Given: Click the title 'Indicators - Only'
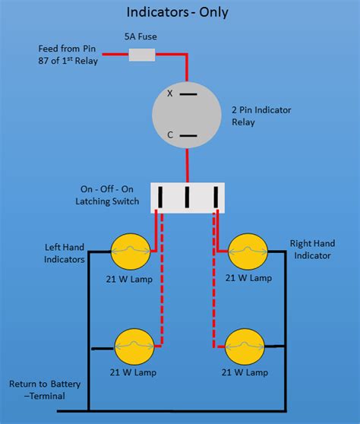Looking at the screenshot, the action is (178, 12).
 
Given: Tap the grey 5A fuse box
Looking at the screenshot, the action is (142, 55).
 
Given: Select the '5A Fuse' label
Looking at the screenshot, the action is (141, 36).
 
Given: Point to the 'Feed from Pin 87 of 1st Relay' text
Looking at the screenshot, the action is (68, 55).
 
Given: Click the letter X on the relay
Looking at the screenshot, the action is (169, 93).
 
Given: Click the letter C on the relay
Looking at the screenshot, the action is (170, 134).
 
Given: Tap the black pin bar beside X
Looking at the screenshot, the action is (188, 94).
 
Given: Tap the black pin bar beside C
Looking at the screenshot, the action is (188, 136).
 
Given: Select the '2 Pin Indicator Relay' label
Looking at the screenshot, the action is (261, 116).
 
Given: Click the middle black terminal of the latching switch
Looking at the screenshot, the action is (187, 197).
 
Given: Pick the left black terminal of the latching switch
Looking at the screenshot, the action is (160, 197).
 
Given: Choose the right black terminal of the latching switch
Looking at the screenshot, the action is (216, 197).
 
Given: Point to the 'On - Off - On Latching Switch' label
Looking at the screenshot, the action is (107, 195).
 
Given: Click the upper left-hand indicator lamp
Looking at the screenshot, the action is (131, 252).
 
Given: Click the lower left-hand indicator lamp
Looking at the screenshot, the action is (134, 347).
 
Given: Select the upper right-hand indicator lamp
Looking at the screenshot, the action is (248, 252).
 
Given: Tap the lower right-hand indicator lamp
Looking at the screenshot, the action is (245, 347).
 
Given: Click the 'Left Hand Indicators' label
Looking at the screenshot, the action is (65, 253).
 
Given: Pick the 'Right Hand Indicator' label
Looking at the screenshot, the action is (312, 249).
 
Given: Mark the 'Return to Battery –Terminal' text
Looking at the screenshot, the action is (45, 390).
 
